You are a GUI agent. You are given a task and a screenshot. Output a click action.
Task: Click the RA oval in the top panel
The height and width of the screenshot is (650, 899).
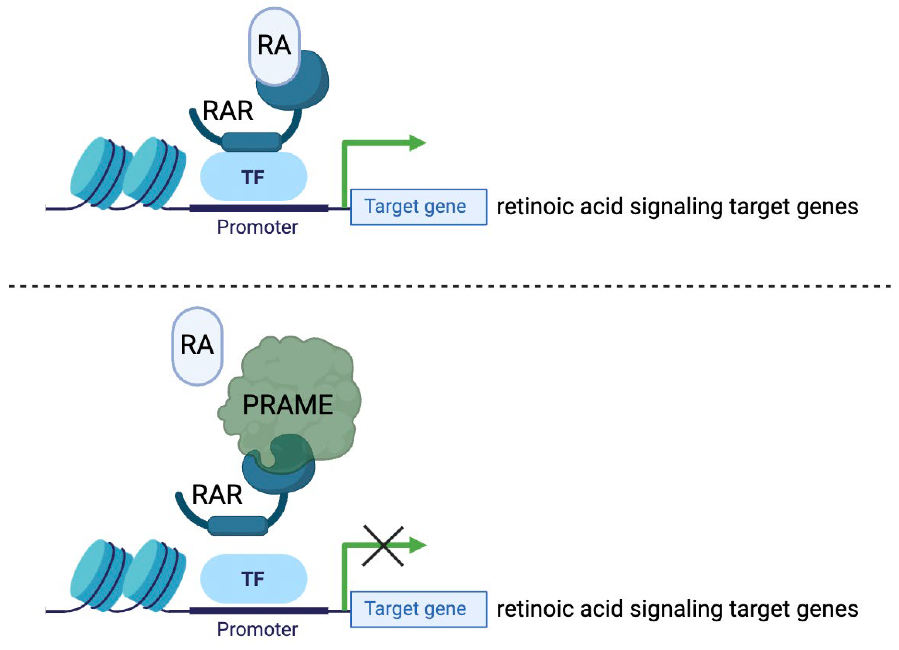point(274,45)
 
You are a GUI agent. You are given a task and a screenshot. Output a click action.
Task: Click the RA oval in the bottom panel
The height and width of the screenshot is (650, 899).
point(197,345)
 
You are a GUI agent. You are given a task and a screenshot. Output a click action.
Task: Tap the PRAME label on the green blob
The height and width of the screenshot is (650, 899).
point(287,405)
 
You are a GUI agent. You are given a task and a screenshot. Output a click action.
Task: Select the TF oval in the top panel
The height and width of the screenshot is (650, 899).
point(254,177)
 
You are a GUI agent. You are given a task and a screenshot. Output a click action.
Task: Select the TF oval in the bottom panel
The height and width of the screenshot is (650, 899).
point(254,579)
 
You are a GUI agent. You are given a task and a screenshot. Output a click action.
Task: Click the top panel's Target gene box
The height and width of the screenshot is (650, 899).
point(418,207)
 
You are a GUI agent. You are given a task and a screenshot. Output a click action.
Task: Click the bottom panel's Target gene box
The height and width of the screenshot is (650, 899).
point(418,609)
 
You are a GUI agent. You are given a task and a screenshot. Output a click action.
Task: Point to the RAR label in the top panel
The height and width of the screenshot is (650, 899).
point(228,111)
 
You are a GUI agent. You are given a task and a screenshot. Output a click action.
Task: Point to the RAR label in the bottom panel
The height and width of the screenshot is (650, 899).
point(217,495)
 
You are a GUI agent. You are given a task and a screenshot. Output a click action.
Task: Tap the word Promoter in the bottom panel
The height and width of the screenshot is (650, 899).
point(257,629)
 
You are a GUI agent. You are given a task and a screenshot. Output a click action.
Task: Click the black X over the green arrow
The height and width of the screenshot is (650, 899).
point(383,546)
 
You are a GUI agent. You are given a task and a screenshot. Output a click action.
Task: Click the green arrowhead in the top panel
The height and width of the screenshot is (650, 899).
point(417,143)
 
